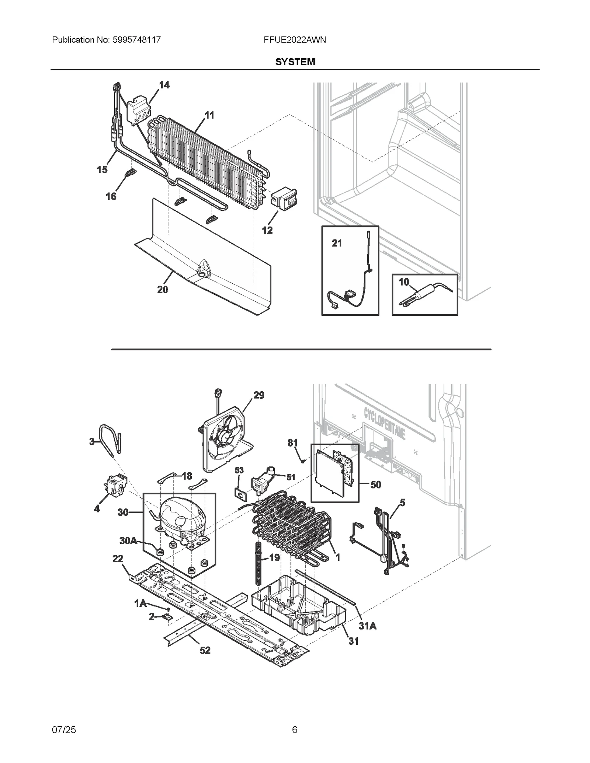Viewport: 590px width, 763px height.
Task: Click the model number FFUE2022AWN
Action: [295, 40]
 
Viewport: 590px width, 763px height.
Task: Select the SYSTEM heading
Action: [295, 62]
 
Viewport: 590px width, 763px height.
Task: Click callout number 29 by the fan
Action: [259, 395]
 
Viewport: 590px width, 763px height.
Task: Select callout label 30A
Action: [128, 540]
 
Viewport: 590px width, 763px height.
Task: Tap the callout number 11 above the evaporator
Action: [209, 115]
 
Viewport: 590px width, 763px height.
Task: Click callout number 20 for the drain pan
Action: [163, 290]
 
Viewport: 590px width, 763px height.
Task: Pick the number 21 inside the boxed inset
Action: [337, 243]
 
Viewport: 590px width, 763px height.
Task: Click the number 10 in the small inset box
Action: [404, 282]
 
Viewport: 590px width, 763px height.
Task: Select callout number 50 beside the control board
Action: [375, 484]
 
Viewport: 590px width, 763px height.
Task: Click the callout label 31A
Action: [368, 626]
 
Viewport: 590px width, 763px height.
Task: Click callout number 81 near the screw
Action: [293, 442]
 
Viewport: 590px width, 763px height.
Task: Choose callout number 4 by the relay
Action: [97, 509]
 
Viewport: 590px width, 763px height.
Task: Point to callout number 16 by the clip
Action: [111, 196]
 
